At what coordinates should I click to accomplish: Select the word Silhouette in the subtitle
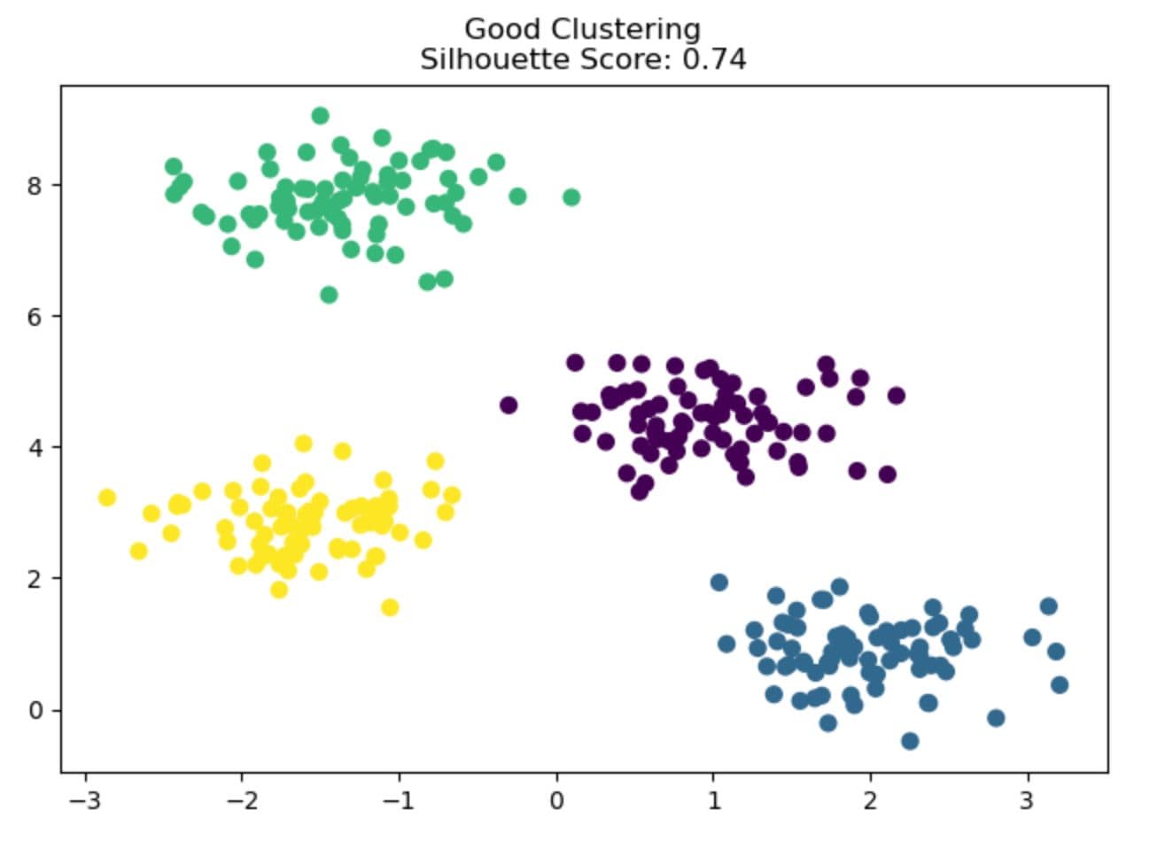pos(474,59)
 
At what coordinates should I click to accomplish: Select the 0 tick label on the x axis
pos(557,802)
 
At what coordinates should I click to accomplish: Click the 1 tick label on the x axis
pos(714,802)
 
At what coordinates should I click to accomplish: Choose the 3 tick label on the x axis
pos(1028,802)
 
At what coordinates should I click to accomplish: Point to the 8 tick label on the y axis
pos(35,185)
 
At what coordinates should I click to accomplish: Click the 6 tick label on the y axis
pos(35,316)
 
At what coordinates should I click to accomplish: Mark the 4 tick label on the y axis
pos(35,447)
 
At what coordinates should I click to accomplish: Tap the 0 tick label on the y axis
pos(35,710)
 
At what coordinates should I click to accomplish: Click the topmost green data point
pos(321,116)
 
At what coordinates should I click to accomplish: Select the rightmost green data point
pos(571,197)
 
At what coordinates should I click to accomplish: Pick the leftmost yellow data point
pos(107,498)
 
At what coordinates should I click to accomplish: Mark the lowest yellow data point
pos(390,607)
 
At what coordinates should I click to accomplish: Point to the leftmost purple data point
pos(509,405)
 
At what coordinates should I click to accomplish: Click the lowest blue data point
pos(910,741)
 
